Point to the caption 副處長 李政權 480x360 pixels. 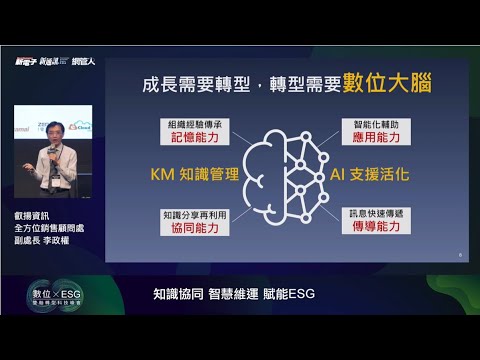pos(46,241)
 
